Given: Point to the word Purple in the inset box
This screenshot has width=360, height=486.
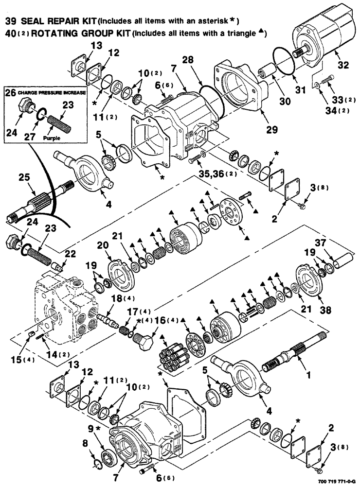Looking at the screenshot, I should pos(52,138).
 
